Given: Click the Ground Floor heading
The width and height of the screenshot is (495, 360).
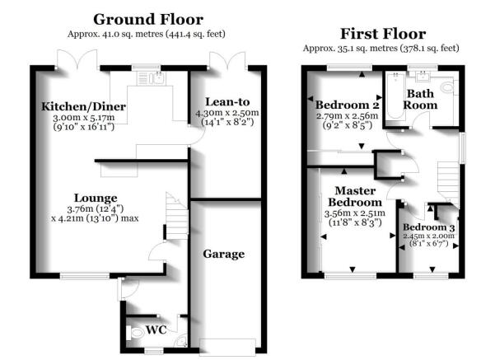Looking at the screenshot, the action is [148, 19].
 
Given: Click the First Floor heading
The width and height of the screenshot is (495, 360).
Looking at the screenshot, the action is [383, 34].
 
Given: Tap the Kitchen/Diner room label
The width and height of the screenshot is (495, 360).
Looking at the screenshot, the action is [84, 106].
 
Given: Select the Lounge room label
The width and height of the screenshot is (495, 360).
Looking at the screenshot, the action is [96, 198].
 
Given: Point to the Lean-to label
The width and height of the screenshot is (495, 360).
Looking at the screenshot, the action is [227, 101].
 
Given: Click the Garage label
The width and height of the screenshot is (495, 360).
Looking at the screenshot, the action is [223, 254].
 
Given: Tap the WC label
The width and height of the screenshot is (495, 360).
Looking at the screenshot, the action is [156, 330].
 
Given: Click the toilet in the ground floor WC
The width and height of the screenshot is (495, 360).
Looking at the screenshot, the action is [135, 333].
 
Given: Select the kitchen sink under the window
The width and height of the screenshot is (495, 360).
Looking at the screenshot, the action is [152, 78].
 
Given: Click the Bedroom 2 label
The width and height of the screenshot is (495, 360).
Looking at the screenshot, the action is [347, 105].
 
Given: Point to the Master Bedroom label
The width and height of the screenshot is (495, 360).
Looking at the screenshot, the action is [355, 196].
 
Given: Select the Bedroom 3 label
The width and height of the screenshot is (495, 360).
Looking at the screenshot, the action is [429, 227].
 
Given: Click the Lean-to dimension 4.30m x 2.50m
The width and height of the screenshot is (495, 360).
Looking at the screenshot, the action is [227, 113].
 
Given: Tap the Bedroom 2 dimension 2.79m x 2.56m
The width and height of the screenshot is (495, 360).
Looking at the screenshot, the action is [347, 116].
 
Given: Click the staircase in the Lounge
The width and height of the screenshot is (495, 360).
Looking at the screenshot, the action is [177, 216].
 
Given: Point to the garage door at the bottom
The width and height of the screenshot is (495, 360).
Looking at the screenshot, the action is [227, 347].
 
